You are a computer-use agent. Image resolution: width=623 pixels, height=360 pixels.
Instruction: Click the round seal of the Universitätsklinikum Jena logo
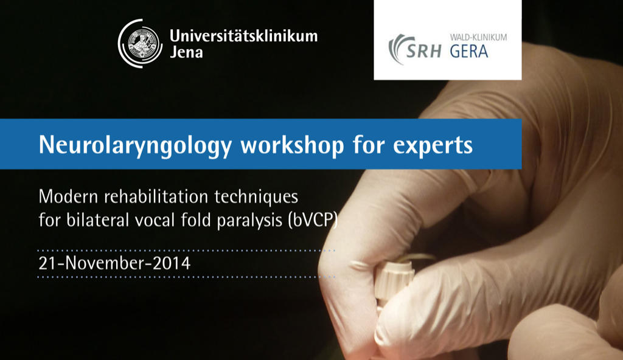tap(141, 43)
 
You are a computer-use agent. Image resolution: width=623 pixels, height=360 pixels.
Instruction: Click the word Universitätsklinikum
tap(243, 36)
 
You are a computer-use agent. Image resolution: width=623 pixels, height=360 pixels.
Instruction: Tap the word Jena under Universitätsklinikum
tap(186, 52)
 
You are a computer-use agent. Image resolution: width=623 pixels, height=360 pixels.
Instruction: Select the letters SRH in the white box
tap(423, 51)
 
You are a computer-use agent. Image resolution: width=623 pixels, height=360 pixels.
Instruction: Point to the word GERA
tap(469, 51)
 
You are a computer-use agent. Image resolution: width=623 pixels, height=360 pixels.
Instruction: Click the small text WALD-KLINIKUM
tap(478, 37)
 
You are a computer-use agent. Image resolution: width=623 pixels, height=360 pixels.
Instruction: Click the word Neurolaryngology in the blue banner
tap(135, 145)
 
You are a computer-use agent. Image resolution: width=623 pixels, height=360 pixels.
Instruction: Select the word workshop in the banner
tap(292, 145)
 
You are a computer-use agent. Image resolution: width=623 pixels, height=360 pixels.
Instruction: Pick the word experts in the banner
tap(433, 146)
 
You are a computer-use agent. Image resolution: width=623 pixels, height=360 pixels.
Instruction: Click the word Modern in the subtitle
tap(68, 196)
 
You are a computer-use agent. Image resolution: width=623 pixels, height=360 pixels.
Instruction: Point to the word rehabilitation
tap(156, 196)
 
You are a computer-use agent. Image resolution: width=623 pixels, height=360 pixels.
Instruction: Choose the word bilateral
tap(97, 220)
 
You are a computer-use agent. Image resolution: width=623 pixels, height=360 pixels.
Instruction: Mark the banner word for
tap(368, 145)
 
